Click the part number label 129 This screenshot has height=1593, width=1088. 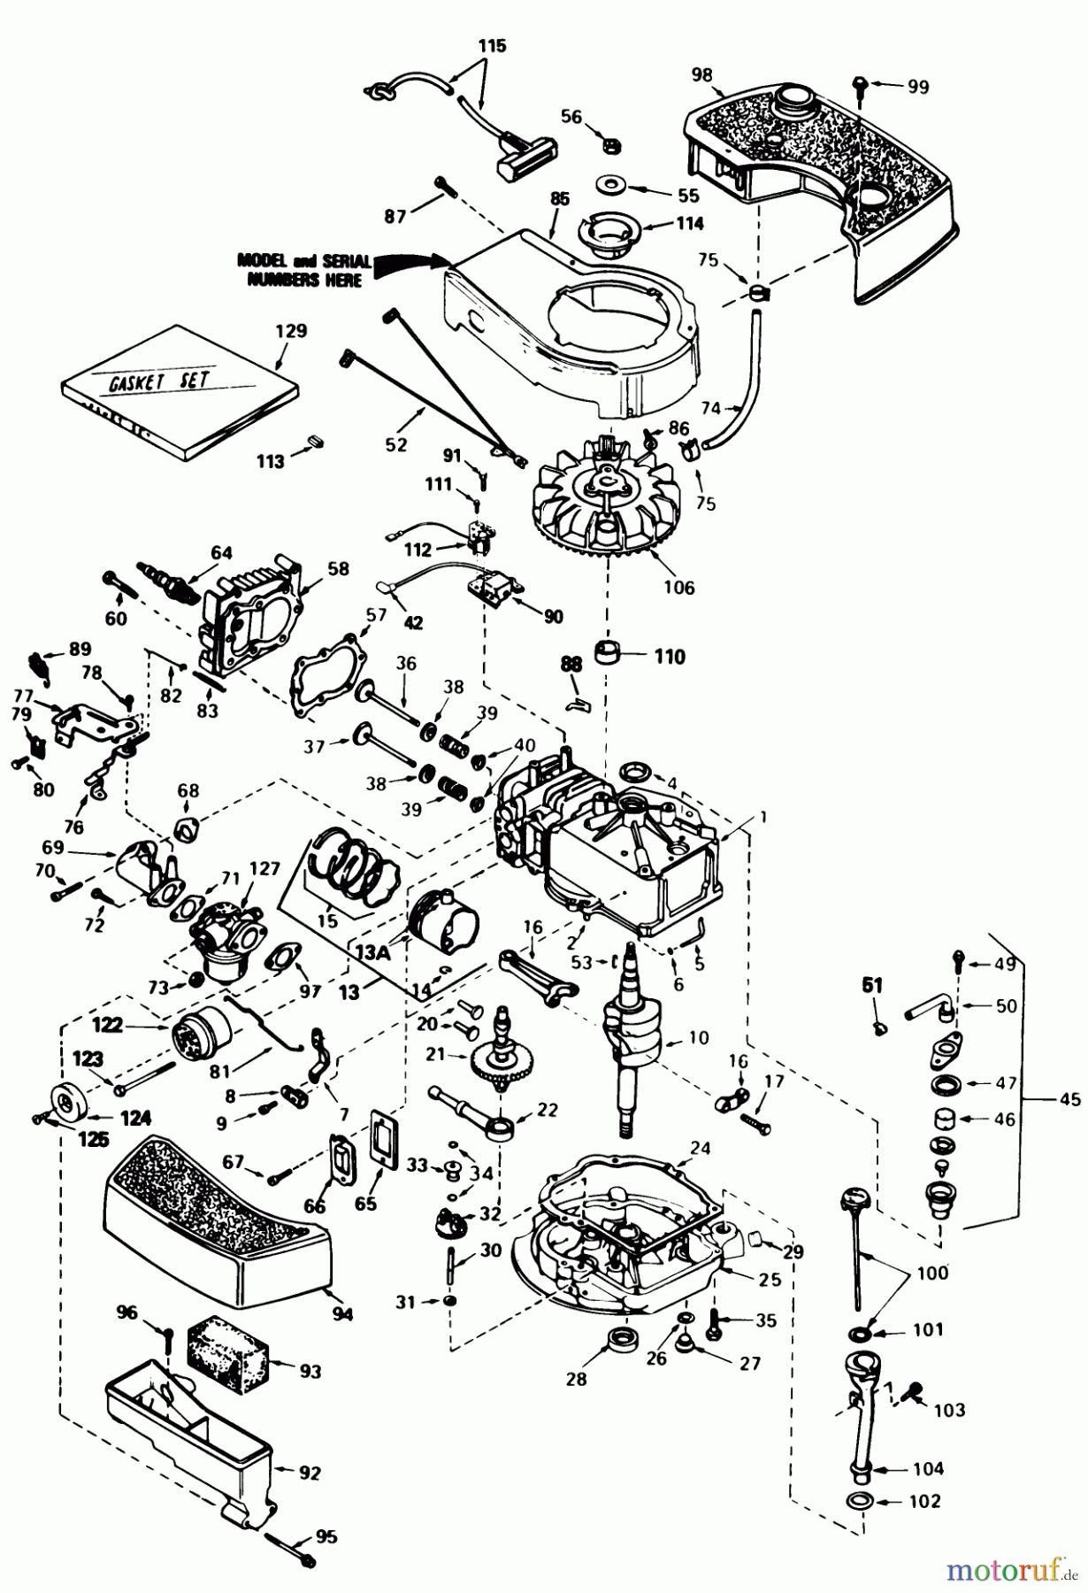(291, 332)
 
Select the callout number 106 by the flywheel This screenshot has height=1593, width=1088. (678, 587)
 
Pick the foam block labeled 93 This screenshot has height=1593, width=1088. (228, 1358)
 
